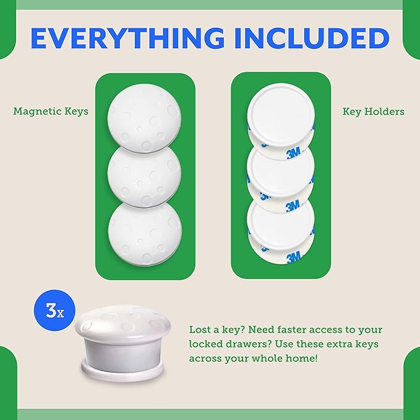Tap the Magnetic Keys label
[x=51, y=111]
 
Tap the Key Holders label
[x=374, y=111]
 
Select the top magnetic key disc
[x=144, y=114]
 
